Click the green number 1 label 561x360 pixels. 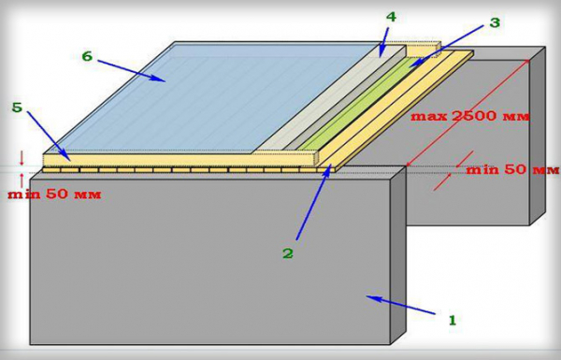[x=453, y=320]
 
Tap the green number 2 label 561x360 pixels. [x=288, y=253]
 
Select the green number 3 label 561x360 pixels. [x=494, y=22]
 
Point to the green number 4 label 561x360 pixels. [x=391, y=17]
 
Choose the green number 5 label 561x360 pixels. [x=17, y=107]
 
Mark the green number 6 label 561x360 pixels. [x=87, y=56]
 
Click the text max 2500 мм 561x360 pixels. [x=469, y=116]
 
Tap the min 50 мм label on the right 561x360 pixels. [x=512, y=169]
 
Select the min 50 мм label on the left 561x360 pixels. [x=54, y=194]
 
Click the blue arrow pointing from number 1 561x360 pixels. [x=400, y=305]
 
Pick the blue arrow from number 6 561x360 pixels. [x=130, y=70]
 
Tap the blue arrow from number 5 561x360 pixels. [x=49, y=136]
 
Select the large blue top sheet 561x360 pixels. [x=215, y=96]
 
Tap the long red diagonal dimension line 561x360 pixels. [x=468, y=113]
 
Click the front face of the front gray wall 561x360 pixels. [x=210, y=261]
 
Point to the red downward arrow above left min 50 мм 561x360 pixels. [x=22, y=158]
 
